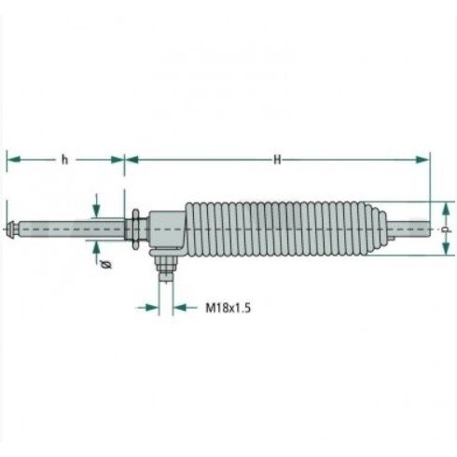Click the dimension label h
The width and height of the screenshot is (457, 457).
(x=64, y=159)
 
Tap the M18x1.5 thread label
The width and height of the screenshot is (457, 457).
(x=228, y=308)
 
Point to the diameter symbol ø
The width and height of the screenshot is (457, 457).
(x=106, y=265)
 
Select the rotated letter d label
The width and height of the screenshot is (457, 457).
(x=446, y=229)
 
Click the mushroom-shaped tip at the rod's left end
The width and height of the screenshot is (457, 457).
(x=11, y=229)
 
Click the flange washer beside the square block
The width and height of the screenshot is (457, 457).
(x=135, y=229)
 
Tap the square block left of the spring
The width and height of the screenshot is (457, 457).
(x=167, y=229)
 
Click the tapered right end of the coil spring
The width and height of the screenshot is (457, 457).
(x=376, y=229)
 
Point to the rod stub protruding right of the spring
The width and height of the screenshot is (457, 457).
(x=409, y=229)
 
